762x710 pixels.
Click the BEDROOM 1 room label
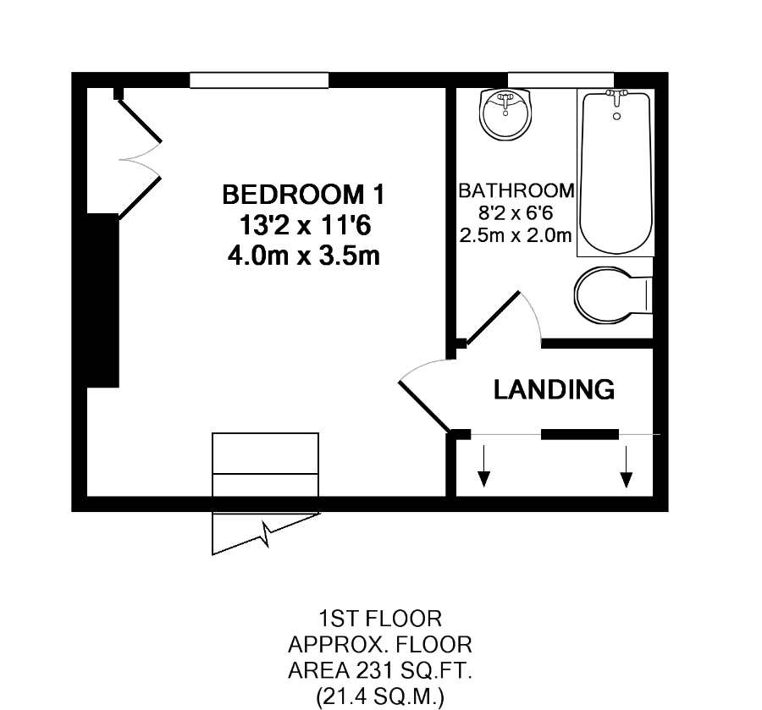point(302,195)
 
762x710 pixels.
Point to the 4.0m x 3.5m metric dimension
point(302,256)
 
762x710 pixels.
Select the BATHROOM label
point(516,190)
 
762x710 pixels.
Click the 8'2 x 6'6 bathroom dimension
point(516,213)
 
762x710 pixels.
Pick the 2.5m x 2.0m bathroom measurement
point(516,235)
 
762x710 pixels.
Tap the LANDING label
point(554,390)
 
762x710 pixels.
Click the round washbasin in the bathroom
point(506,114)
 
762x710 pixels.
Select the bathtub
point(616,173)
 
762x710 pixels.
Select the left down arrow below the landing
point(483,467)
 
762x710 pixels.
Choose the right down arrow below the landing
point(626,467)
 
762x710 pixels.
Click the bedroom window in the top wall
point(258,80)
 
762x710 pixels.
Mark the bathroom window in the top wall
point(560,80)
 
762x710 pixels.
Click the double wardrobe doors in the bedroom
point(138,157)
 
